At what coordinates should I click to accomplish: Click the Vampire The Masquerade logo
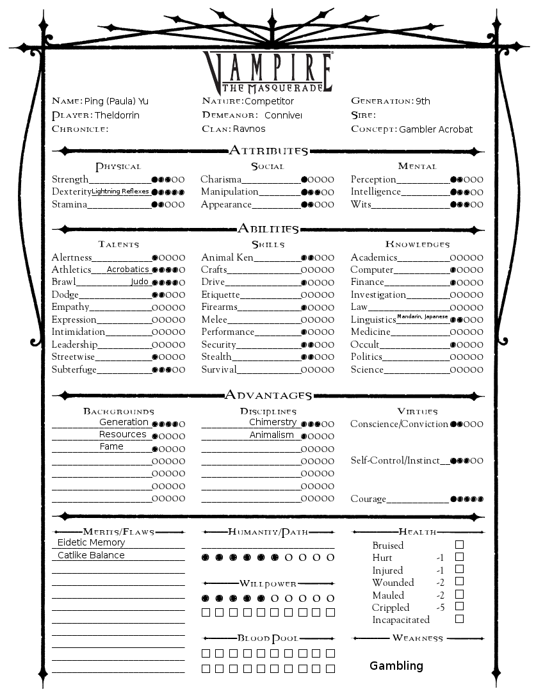coord(268,71)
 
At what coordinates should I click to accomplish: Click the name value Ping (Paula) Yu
coord(117,101)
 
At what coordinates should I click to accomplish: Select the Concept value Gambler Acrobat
coord(435,129)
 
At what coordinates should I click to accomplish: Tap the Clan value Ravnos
coord(249,129)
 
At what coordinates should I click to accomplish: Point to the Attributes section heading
coord(268,151)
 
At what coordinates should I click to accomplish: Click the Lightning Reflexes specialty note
coord(120,191)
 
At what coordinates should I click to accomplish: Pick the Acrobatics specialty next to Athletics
coord(127,270)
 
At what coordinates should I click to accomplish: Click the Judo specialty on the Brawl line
coord(140,282)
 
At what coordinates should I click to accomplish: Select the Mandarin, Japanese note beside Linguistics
coord(422,317)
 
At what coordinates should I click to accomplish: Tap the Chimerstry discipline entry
coord(272,422)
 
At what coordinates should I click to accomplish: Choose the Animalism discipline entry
coord(272,435)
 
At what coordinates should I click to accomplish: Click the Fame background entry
coord(111,447)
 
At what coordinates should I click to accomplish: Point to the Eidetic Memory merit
coord(89,542)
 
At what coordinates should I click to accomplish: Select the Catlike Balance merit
coord(91,555)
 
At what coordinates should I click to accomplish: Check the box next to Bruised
coord(459,545)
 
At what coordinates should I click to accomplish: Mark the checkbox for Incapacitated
coord(459,619)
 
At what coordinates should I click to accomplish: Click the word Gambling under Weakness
coord(396,666)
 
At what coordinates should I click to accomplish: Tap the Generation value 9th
coord(423,101)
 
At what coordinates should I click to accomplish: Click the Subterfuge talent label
coord(74,369)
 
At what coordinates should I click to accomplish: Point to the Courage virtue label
coord(368,499)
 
